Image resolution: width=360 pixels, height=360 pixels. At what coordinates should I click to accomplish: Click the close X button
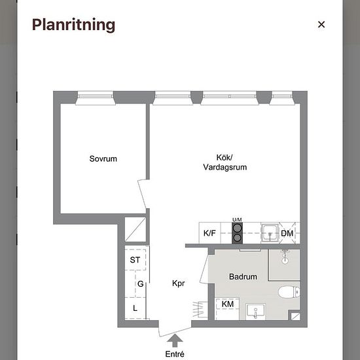click(x=321, y=24)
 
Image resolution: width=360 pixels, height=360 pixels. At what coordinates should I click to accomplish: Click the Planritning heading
click(x=73, y=25)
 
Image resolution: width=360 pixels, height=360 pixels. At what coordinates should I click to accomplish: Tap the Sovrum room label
click(x=103, y=158)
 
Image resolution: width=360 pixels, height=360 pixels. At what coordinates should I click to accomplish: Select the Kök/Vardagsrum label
click(x=225, y=162)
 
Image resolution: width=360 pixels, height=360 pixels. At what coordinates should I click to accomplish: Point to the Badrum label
click(x=243, y=276)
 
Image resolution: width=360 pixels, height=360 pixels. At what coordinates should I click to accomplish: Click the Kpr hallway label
click(x=179, y=283)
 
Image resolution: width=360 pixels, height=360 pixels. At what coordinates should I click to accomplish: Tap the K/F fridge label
click(x=209, y=233)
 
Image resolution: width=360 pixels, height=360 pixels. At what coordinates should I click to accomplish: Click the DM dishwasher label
click(x=287, y=234)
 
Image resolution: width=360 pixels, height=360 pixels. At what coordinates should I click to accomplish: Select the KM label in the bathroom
click(x=228, y=304)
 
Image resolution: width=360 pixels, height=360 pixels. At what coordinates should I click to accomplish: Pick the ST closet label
click(x=135, y=260)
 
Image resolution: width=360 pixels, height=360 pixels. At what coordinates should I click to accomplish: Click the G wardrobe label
click(x=141, y=284)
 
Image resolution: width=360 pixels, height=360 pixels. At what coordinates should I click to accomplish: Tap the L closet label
click(x=135, y=308)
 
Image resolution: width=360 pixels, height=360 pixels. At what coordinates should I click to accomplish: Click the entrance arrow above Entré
click(x=175, y=340)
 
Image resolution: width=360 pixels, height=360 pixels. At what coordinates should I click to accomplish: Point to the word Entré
click(x=175, y=354)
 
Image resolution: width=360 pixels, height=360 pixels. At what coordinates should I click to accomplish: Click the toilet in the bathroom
click(x=289, y=292)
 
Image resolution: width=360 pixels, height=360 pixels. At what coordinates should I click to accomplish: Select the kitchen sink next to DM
click(x=270, y=233)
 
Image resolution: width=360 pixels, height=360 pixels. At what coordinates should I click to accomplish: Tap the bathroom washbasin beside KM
click(x=255, y=311)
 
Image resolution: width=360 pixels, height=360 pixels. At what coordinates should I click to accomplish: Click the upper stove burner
click(x=237, y=228)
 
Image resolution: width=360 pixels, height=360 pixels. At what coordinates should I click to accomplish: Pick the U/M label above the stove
click(x=237, y=220)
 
